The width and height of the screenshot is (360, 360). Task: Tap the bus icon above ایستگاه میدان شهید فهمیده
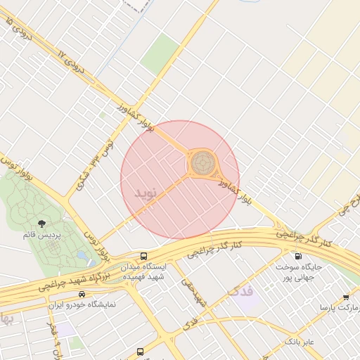tap(143, 257)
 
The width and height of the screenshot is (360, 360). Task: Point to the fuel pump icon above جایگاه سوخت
tap(298, 257)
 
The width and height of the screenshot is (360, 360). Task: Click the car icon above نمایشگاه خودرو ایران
tap(82, 294)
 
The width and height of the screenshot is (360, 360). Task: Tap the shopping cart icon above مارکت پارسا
tap(345, 297)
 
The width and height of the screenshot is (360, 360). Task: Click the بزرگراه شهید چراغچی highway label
tap(67, 281)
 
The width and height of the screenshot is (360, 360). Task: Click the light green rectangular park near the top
tap(160, 54)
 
